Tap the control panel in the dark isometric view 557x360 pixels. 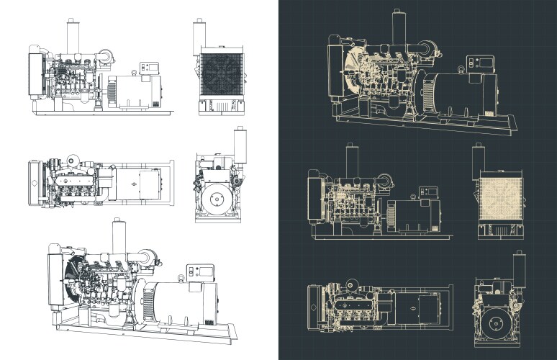pyautogui.click(x=476, y=62)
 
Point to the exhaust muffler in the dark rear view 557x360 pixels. pyautogui.click(x=518, y=268)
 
